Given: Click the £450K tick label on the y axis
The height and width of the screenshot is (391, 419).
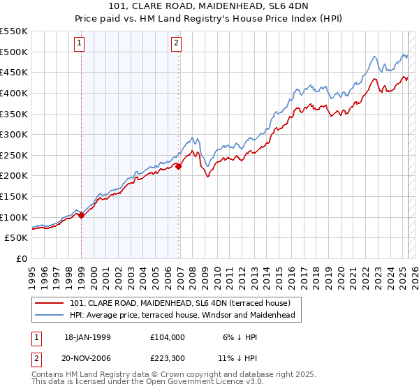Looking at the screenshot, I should (14, 72).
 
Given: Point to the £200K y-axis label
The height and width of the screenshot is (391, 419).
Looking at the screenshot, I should (14, 175).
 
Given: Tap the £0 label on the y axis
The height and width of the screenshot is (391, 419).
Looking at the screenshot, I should (22, 258).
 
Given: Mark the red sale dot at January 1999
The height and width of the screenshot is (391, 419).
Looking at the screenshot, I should (82, 215).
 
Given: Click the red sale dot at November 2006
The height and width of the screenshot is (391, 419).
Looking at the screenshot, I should (179, 166).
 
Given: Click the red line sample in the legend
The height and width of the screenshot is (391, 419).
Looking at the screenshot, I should (50, 303).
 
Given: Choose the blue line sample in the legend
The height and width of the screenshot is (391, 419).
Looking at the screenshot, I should (50, 315).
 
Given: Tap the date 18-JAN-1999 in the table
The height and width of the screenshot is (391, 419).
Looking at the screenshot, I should (87, 337).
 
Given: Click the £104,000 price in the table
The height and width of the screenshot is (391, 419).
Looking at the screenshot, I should (167, 337).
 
